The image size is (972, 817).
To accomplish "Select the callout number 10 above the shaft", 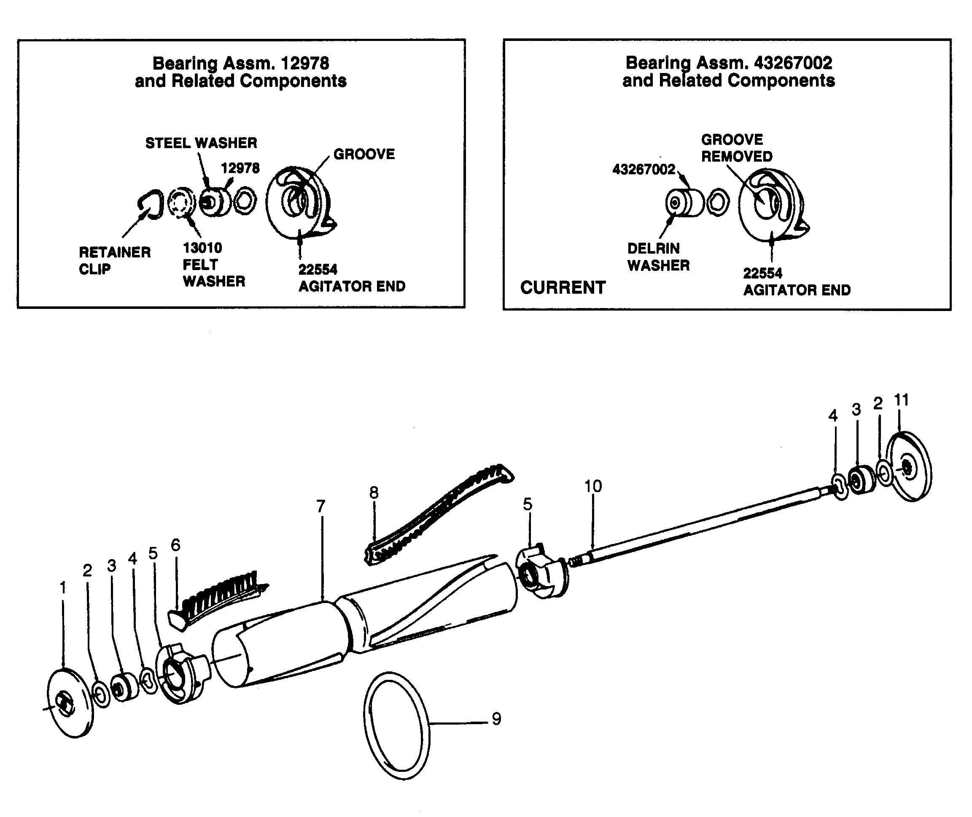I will [592, 486].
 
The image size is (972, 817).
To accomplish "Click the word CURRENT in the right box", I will [563, 288].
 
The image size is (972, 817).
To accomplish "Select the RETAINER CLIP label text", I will [114, 260].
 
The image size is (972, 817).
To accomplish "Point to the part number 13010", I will [202, 248].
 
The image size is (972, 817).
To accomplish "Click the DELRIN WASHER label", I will [658, 257].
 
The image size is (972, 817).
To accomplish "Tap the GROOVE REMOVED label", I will [736, 148].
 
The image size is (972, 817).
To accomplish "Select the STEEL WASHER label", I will [201, 143].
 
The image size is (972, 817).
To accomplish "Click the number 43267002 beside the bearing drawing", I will [644, 170].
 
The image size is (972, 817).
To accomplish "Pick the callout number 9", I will [496, 719].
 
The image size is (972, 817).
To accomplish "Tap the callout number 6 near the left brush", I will [175, 545].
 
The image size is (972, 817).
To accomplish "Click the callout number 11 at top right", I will [901, 400].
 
